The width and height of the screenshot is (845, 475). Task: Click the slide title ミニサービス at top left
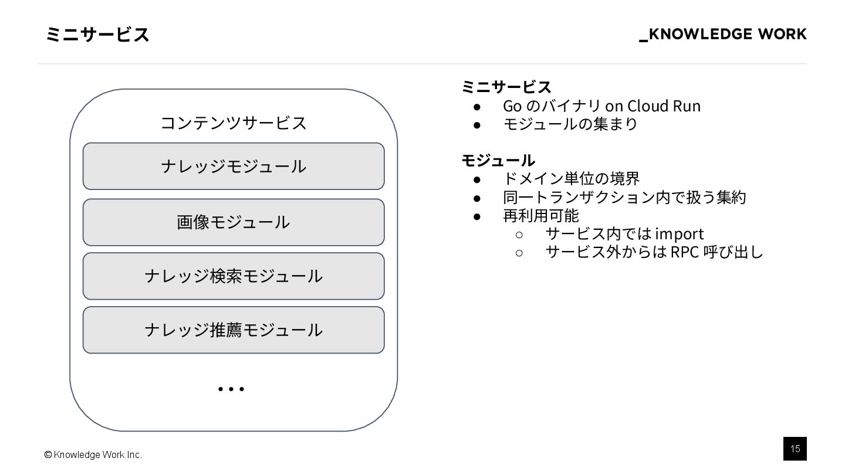pyautogui.click(x=97, y=35)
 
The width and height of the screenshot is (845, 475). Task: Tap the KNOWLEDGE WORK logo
pyautogui.click(x=723, y=35)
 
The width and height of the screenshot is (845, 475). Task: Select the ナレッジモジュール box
pyautogui.click(x=234, y=166)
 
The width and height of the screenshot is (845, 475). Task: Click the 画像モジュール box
pyautogui.click(x=234, y=222)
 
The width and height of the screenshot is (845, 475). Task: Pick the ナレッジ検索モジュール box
pyautogui.click(x=234, y=276)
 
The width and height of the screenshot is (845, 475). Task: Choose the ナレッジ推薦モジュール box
pyautogui.click(x=234, y=330)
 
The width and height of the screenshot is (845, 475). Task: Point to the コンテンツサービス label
pyautogui.click(x=234, y=123)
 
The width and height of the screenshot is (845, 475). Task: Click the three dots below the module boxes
pyautogui.click(x=231, y=389)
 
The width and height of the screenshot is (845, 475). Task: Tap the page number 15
pyautogui.click(x=795, y=449)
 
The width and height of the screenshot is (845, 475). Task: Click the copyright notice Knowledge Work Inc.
pyautogui.click(x=93, y=455)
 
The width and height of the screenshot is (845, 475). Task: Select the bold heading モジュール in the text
pyautogui.click(x=498, y=160)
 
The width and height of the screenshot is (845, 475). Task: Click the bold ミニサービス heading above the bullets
pyautogui.click(x=506, y=87)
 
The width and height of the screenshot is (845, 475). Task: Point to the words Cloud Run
pyautogui.click(x=664, y=106)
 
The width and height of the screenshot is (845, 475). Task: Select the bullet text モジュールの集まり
pyautogui.click(x=570, y=124)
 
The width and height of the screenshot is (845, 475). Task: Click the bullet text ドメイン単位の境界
pyautogui.click(x=571, y=178)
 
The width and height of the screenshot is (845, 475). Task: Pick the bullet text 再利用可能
pyautogui.click(x=540, y=215)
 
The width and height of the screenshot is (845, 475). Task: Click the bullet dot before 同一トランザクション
pyautogui.click(x=477, y=197)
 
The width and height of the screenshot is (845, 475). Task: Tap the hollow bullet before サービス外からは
pyautogui.click(x=519, y=253)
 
